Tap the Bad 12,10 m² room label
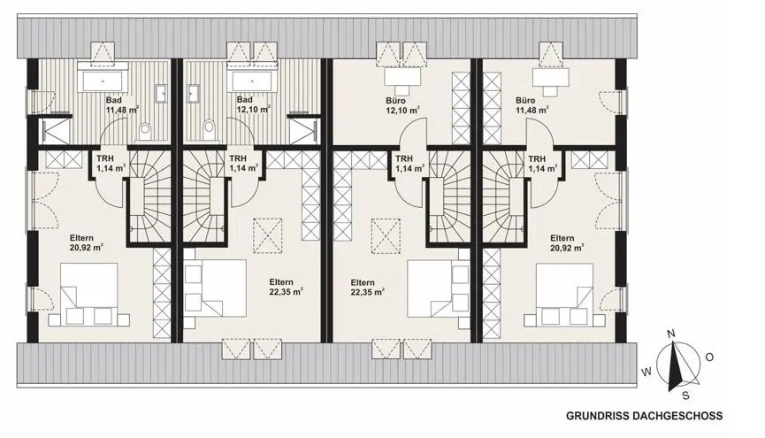(x=253, y=105)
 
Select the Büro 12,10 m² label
(x=403, y=105)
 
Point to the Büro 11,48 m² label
(x=532, y=105)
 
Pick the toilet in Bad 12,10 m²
(x=210, y=130)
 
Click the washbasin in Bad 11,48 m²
(x=162, y=93)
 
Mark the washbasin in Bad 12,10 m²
(x=193, y=93)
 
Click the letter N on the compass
(x=671, y=334)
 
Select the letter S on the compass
(x=685, y=396)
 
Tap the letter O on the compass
(x=709, y=357)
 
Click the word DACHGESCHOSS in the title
(x=677, y=416)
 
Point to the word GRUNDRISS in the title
(x=597, y=416)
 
